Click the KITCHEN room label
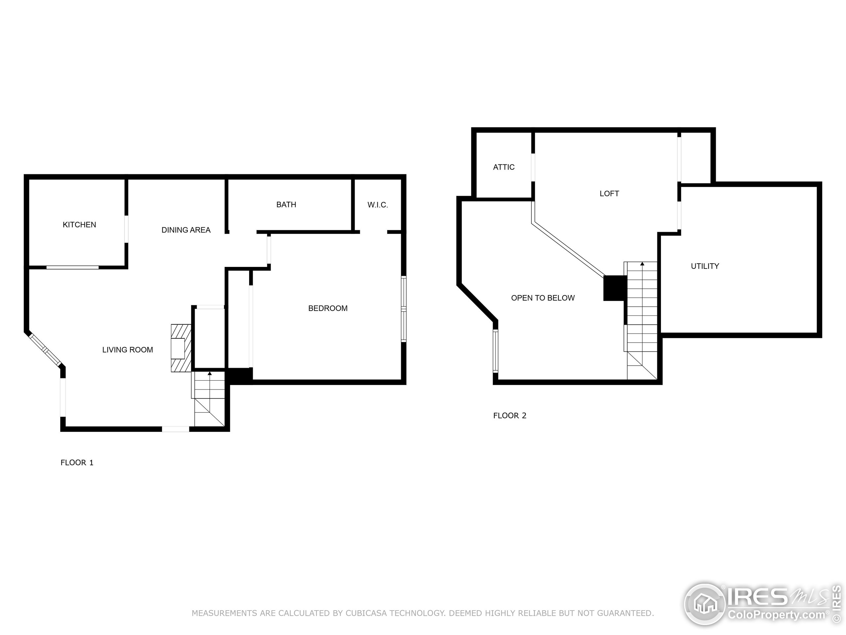pos(79,225)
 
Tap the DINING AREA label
pos(186,230)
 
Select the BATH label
pos(286,205)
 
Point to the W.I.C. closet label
pos(377,205)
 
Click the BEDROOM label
pos(328,308)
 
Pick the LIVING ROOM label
pos(127,350)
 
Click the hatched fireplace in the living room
pos(181,348)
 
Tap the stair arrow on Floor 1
pos(209,373)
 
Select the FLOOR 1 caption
pos(77,462)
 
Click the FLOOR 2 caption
pos(510,416)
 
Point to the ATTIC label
pos(504,167)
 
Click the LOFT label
pos(609,194)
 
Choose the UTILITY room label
pos(705,266)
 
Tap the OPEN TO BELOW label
pos(543,298)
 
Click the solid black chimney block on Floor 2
pos(614,288)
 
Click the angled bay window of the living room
pos(45,350)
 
